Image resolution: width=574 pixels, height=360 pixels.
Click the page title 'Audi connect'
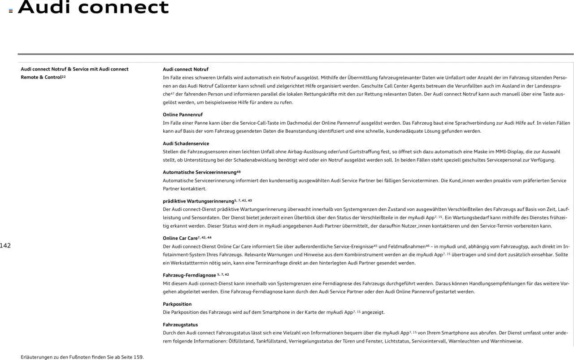pos(93,7)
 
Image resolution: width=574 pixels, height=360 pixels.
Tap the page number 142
pos(5,245)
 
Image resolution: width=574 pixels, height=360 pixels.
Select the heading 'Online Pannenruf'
pos(183,115)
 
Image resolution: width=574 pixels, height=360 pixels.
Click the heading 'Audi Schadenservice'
pos(186,143)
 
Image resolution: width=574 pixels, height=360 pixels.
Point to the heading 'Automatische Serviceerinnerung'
pos(200,172)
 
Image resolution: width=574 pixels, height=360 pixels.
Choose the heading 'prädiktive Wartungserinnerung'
pos(198,201)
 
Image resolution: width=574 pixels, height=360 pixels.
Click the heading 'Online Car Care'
pos(180,238)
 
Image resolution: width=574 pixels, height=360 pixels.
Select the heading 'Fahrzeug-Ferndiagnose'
pos(189,275)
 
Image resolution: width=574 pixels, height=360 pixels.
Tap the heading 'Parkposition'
pos(177,304)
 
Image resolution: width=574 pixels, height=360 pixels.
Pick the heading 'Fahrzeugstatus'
pos(180,325)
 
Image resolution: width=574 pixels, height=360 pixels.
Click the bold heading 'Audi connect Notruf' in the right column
pos(186,69)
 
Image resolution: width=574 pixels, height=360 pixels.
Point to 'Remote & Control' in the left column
pos(41,78)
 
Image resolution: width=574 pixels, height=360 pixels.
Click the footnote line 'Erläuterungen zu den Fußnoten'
pos(82,357)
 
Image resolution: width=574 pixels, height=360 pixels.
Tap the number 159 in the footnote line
pos(138,357)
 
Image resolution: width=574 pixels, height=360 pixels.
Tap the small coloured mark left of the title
pos(11,11)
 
